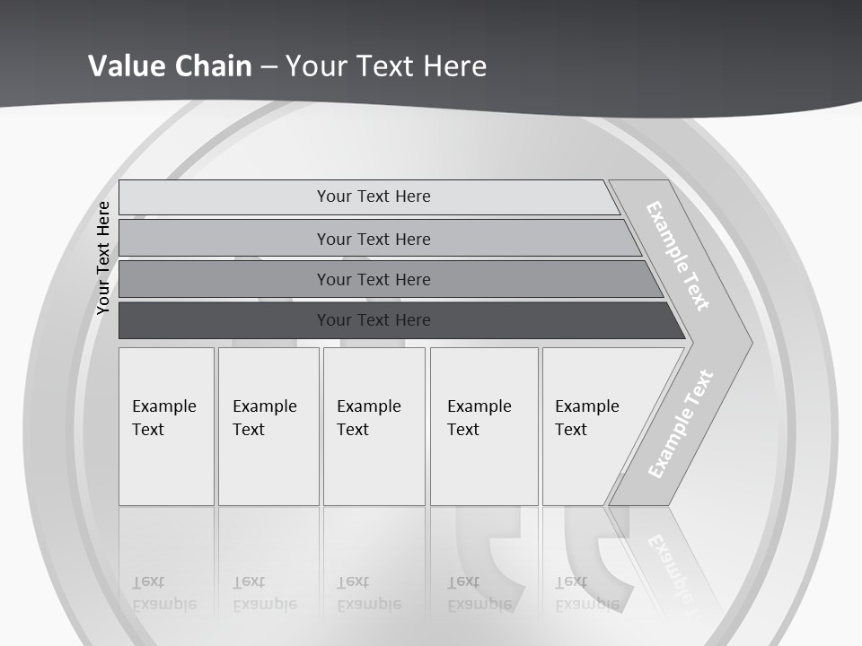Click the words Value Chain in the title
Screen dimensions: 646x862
pos(170,65)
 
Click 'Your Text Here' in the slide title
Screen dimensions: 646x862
pos(386,65)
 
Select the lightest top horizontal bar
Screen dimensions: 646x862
pos(368,196)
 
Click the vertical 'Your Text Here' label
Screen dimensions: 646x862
pos(103,258)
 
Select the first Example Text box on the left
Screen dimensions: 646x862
pos(166,426)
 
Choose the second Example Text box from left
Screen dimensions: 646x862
pos(268,426)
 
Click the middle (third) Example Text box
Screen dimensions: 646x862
pos(374,426)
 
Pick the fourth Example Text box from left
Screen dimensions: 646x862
pos(484,426)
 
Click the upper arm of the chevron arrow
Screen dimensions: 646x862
pos(678,256)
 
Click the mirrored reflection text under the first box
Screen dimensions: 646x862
pos(163,593)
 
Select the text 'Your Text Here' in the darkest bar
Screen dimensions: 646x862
pos(374,320)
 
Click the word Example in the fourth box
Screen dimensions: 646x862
pos(479,406)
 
